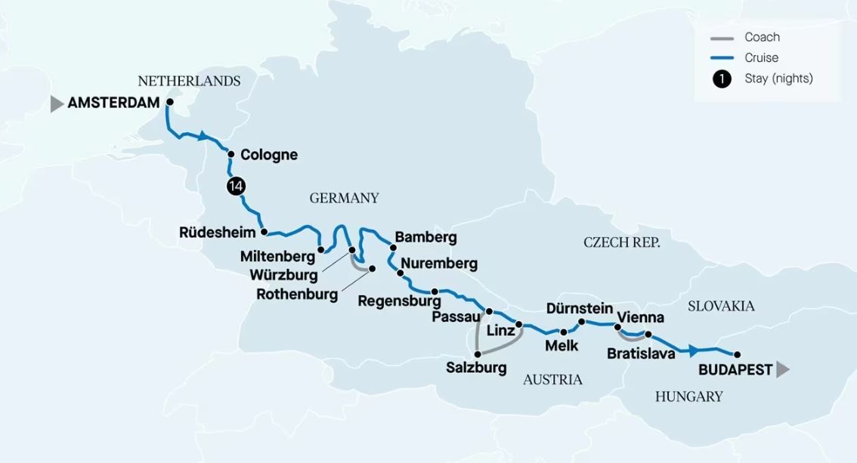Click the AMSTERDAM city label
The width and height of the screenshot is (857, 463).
[113, 103]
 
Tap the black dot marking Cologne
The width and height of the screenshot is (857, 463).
[230, 153]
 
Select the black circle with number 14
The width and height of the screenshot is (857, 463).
[235, 188]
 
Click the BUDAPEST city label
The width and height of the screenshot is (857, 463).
[735, 370]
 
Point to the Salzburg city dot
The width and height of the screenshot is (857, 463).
[477, 353]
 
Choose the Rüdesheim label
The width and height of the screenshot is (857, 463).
[217, 233]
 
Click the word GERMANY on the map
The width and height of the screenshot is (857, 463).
[344, 199]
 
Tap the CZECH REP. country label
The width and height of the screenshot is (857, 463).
[622, 242]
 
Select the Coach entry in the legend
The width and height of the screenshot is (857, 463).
[762, 37]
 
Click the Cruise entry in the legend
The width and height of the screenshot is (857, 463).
[761, 57]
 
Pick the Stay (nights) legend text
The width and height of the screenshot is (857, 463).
[778, 79]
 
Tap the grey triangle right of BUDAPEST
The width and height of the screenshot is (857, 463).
[782, 370]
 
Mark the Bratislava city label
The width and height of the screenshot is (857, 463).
[641, 353]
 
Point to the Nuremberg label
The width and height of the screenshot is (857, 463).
[439, 264]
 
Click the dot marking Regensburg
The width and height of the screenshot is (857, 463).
[435, 292]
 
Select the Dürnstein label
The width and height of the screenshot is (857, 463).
[579, 308]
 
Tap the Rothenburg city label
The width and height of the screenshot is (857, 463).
[297, 295]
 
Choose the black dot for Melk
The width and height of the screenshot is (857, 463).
[563, 332]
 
